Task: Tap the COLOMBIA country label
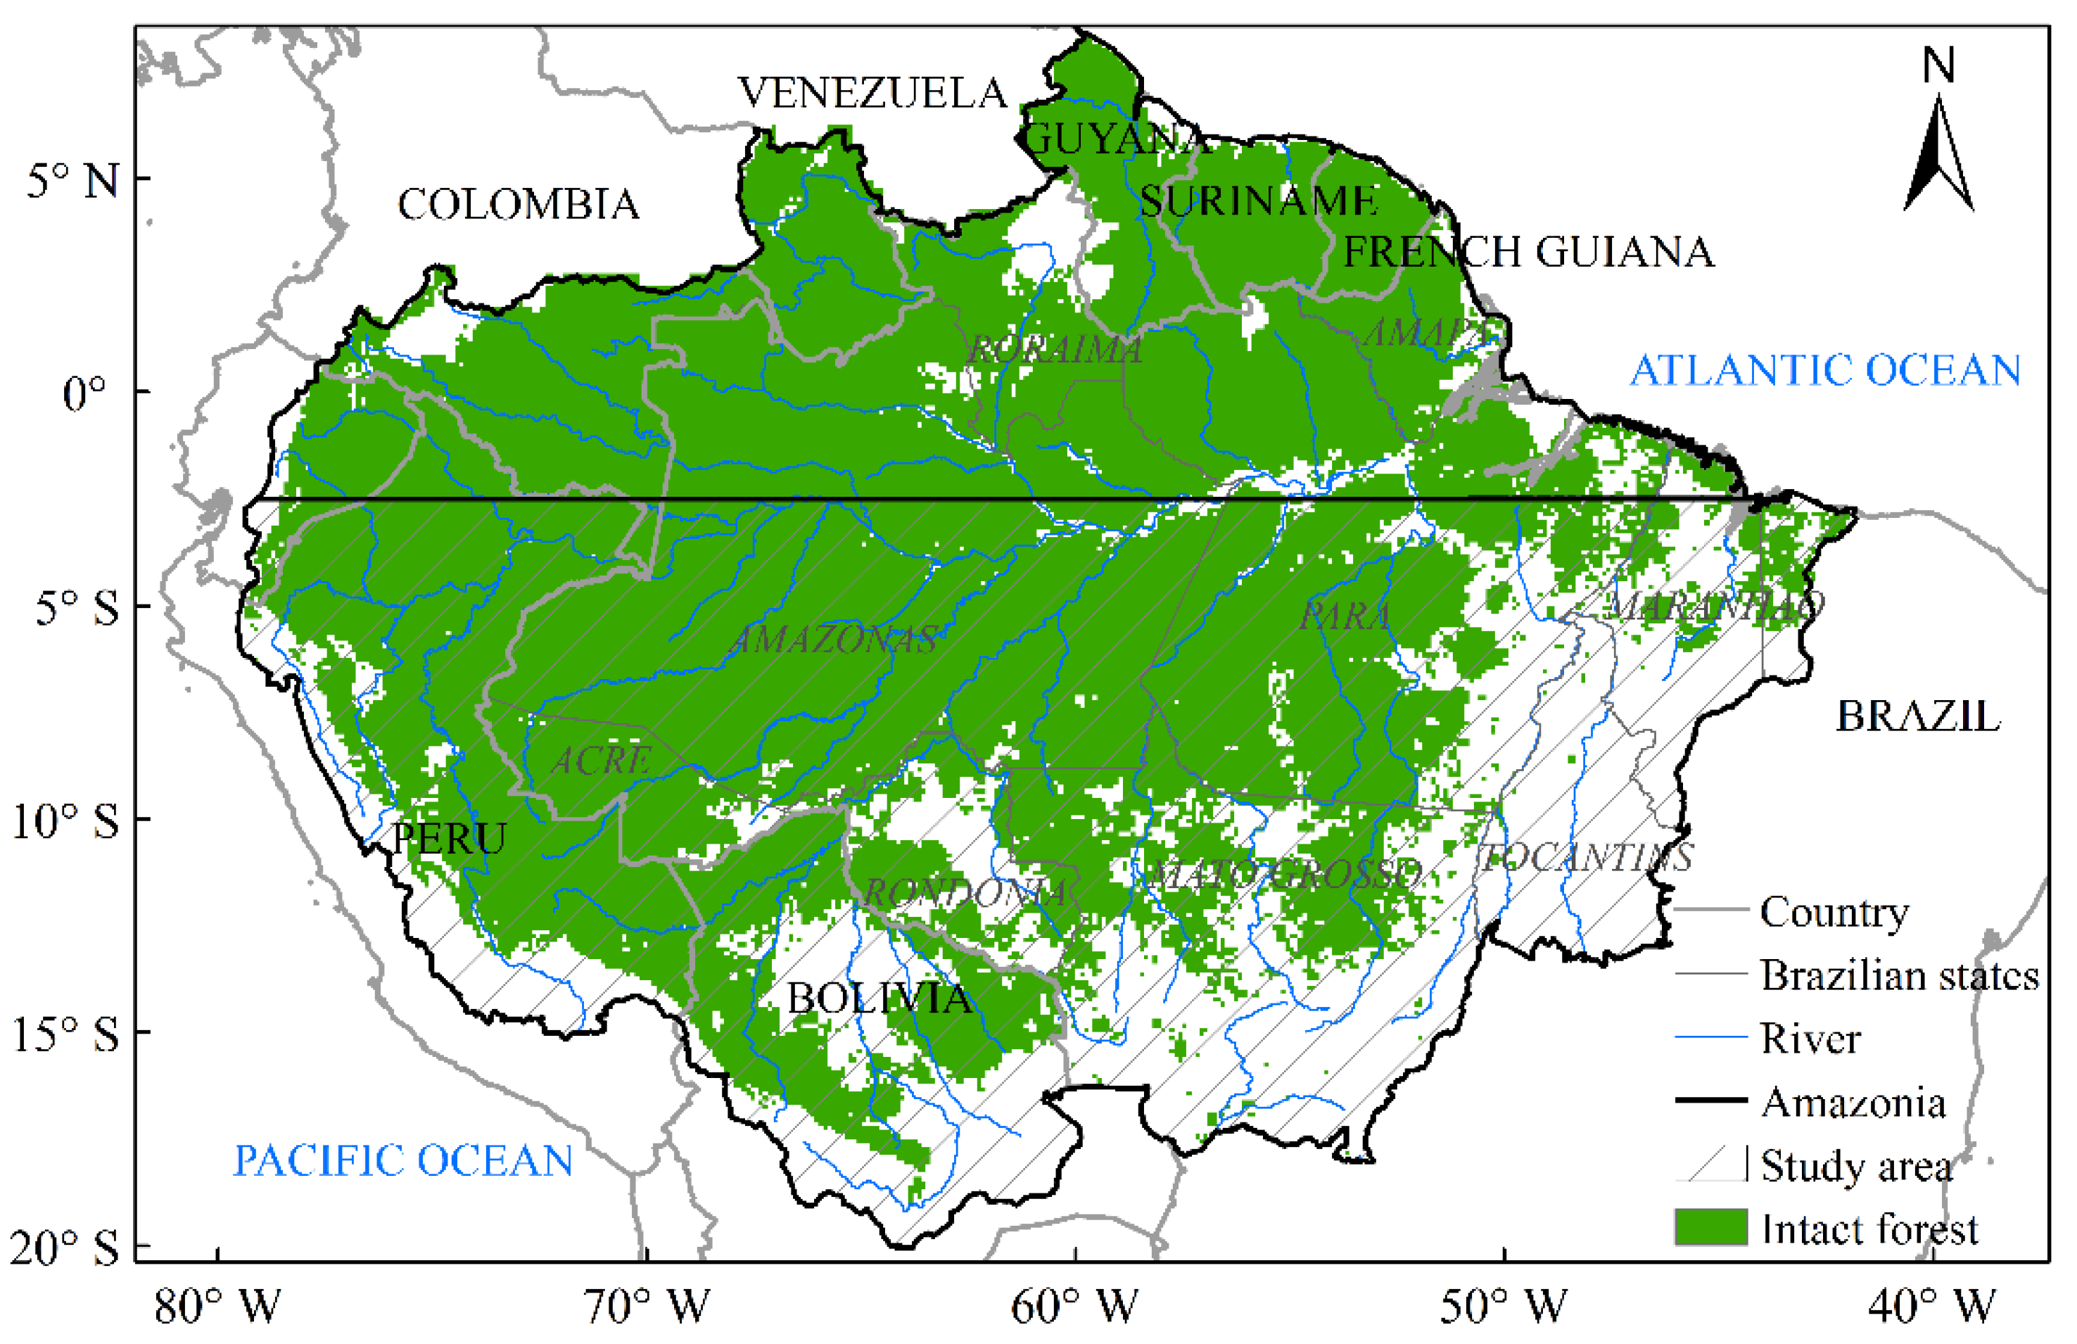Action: (x=519, y=205)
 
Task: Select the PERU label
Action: (x=449, y=839)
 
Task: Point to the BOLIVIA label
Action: (x=879, y=999)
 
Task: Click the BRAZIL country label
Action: (x=1917, y=717)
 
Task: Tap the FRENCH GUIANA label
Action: (x=1528, y=252)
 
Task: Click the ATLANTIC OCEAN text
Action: (x=1826, y=370)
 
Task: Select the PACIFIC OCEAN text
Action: (x=403, y=1161)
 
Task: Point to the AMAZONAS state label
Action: (x=834, y=640)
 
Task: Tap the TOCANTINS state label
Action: (x=1586, y=858)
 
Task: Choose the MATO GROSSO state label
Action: (x=1283, y=875)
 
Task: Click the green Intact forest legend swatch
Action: (x=1710, y=1227)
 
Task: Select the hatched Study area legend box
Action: (x=1710, y=1165)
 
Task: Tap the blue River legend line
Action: (x=1710, y=1038)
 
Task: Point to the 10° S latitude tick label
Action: (x=65, y=821)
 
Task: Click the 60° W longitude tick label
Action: (x=1074, y=1307)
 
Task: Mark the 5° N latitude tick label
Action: (x=72, y=182)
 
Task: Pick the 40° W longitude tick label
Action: (x=1931, y=1307)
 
